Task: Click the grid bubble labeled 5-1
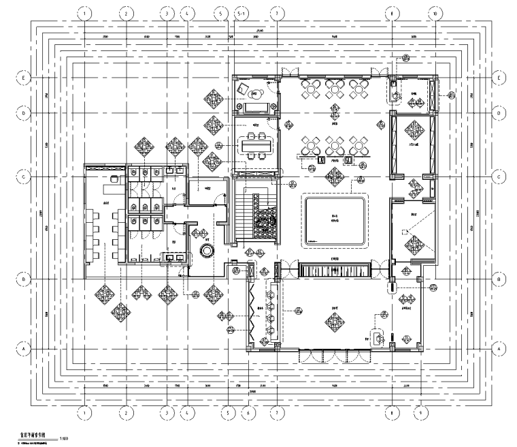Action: [x=241, y=13]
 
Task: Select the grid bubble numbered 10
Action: [x=436, y=13]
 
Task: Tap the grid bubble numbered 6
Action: [x=248, y=412]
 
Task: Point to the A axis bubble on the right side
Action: [x=499, y=348]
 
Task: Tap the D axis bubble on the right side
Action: [x=499, y=112]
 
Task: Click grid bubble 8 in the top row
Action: [x=393, y=13]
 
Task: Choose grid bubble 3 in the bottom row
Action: [x=165, y=412]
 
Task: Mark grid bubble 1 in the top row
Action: [x=84, y=13]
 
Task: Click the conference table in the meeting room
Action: [x=256, y=145]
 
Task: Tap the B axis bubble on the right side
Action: [x=499, y=279]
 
